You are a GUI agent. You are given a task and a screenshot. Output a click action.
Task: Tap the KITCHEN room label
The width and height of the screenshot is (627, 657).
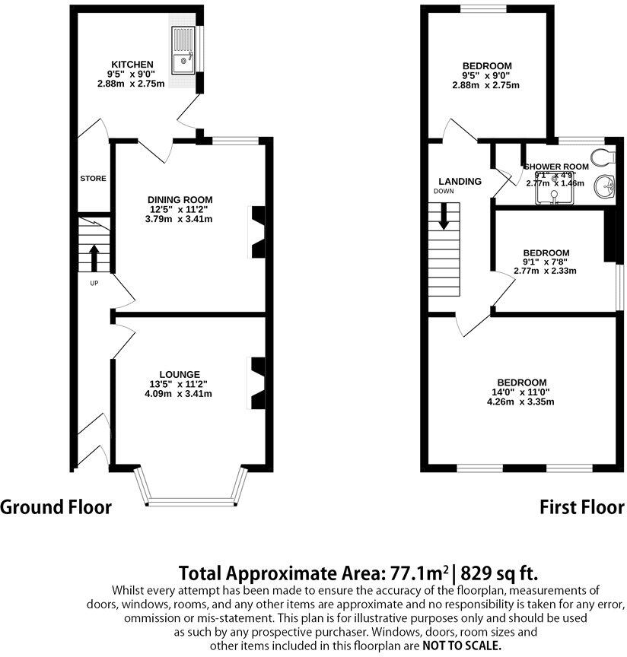pyautogui.click(x=132, y=64)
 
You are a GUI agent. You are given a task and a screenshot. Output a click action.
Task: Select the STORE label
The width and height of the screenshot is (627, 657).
pyautogui.click(x=93, y=179)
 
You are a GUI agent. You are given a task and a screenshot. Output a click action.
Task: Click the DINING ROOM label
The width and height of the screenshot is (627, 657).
pyautogui.click(x=180, y=200)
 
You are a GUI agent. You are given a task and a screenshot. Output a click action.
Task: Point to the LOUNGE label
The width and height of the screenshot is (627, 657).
pyautogui.click(x=180, y=374)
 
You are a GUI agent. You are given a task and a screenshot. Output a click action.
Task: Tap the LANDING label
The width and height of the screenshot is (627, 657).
pyautogui.click(x=460, y=182)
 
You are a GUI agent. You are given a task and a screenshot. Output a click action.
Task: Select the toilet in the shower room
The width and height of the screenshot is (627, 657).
pyautogui.click(x=604, y=157)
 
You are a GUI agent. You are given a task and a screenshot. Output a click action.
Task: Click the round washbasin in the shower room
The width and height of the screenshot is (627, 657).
pyautogui.click(x=605, y=186)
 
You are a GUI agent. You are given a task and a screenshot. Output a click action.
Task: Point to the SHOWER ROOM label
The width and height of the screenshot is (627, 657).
pyautogui.click(x=556, y=167)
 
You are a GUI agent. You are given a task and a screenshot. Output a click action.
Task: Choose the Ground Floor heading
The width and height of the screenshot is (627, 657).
pyautogui.click(x=56, y=507)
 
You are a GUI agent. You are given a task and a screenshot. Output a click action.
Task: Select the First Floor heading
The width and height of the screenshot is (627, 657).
pyautogui.click(x=582, y=507)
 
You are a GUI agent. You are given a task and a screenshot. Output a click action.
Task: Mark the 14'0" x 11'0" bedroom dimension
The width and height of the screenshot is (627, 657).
pyautogui.click(x=522, y=392)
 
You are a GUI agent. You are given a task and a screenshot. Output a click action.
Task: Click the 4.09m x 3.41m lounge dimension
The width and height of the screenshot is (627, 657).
pyautogui.click(x=180, y=394)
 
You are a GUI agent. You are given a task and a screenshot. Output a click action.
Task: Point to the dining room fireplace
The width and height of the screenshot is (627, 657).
pyautogui.click(x=257, y=232)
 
